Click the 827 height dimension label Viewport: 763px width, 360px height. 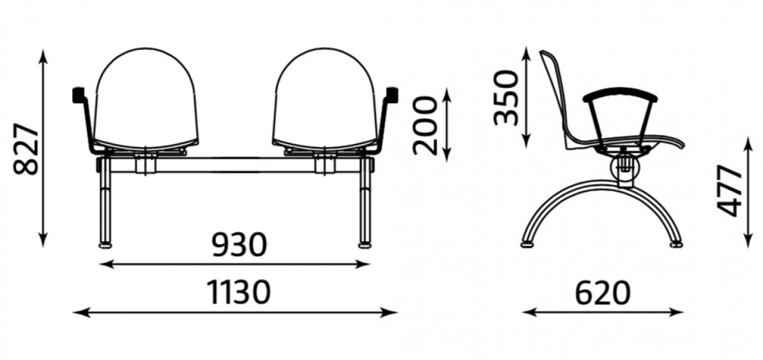point(26,149)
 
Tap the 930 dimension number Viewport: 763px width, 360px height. point(239,245)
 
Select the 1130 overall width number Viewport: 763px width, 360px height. point(239,292)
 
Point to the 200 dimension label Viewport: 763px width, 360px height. point(425,125)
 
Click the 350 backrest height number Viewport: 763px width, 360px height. point(506,97)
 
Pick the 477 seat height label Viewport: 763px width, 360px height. point(729,191)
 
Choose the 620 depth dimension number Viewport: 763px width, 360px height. point(603,293)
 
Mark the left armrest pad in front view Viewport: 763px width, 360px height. point(79,95)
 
